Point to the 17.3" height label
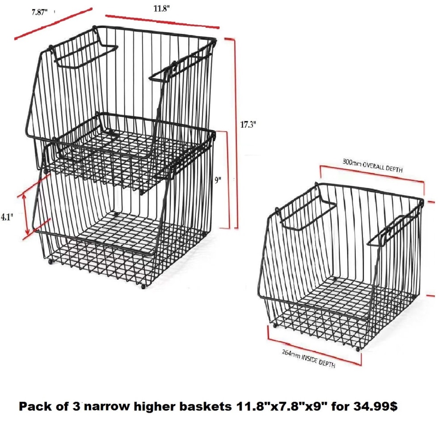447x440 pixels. pos(248,125)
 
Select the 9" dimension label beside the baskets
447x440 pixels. pos(219,181)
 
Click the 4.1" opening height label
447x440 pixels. pos(7,217)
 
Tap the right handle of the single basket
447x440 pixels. pos(393,231)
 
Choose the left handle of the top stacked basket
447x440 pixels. pos(84,56)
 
